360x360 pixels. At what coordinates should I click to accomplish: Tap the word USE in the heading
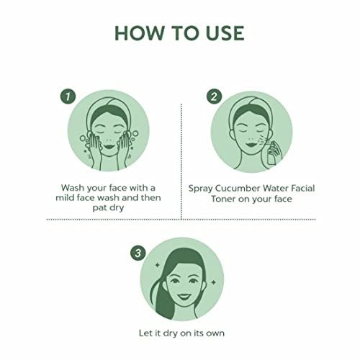tap(225, 33)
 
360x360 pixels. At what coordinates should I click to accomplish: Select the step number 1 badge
tap(68, 96)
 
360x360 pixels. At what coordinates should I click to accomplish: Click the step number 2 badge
tap(214, 96)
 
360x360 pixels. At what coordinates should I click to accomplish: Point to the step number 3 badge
tap(138, 253)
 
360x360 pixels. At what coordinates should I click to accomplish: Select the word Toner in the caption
tap(223, 199)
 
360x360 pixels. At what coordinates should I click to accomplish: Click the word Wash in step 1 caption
tap(73, 188)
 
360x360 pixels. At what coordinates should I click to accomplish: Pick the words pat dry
tap(108, 208)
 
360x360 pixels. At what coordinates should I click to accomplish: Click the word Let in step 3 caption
tap(145, 333)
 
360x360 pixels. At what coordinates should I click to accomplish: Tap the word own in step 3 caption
tap(215, 333)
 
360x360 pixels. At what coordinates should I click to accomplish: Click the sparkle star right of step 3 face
tap(213, 282)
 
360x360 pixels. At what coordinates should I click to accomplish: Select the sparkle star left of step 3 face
tap(158, 265)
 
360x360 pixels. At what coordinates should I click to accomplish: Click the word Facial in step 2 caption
tap(303, 188)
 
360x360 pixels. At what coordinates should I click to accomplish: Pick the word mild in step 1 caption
tap(65, 198)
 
